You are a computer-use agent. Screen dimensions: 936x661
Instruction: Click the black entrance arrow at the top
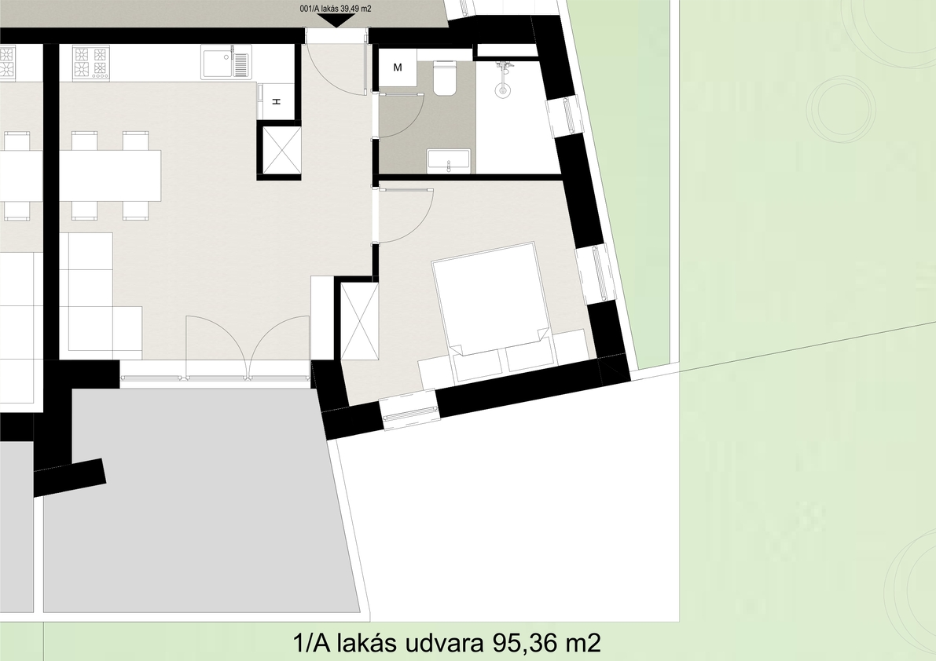tap(335, 20)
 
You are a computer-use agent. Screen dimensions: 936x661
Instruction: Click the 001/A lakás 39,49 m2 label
tap(335, 9)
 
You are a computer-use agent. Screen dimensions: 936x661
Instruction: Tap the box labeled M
tap(398, 68)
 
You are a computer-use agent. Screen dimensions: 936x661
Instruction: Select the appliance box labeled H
tap(277, 102)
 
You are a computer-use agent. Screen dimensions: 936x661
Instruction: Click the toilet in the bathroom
tap(446, 78)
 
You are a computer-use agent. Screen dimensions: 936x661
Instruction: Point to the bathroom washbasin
tap(448, 161)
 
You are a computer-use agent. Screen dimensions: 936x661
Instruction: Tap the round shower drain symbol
tap(503, 90)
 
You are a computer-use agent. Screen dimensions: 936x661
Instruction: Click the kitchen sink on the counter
tap(226, 64)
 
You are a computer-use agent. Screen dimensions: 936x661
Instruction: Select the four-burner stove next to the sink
tap(90, 63)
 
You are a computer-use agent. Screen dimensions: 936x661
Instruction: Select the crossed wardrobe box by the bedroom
tap(359, 321)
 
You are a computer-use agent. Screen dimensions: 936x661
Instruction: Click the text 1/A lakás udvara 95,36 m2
tap(447, 644)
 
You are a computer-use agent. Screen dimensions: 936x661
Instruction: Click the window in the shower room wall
tap(563, 115)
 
